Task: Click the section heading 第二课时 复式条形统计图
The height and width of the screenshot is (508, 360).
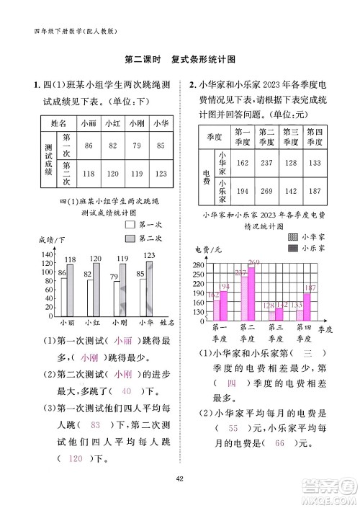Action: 180,60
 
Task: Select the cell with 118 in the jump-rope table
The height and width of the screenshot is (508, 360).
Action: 89,174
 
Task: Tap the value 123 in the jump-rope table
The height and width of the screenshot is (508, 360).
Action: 161,174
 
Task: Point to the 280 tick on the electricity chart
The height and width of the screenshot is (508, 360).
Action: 199,265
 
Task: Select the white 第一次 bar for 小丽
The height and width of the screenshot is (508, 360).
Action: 63,296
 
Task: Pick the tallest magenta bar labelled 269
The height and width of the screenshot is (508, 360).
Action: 251,294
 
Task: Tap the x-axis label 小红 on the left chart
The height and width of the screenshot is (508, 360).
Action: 91,323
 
